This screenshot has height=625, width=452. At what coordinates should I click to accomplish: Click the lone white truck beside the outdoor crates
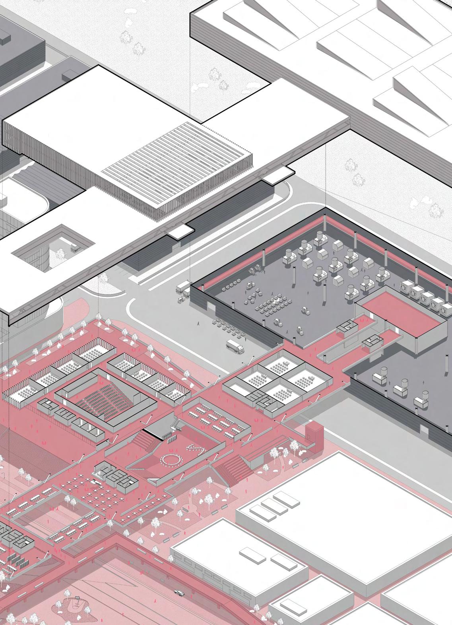[x=235, y=346]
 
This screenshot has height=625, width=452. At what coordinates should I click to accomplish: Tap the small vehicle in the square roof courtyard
[x=76, y=247]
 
